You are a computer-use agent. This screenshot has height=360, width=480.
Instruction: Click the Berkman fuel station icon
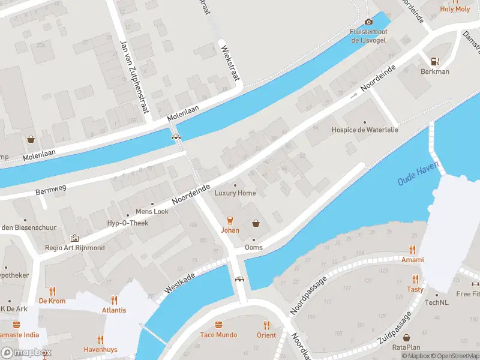coord(434,61)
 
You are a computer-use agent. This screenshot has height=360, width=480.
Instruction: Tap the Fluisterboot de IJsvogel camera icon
coord(368,22)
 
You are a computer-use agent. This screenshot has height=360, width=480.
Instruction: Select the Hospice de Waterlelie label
coord(365,130)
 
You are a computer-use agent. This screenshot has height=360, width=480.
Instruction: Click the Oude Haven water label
coord(418,173)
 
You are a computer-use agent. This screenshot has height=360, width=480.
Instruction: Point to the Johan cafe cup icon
coord(229,220)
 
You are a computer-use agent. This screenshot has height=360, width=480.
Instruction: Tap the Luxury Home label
coord(235,193)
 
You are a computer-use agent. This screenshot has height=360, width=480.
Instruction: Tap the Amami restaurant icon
coord(412,250)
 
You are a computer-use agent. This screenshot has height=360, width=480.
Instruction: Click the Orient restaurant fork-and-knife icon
coord(266,325)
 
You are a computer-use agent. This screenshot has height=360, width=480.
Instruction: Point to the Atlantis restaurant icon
coord(114,300)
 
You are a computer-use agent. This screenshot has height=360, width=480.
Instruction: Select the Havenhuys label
coord(101,349)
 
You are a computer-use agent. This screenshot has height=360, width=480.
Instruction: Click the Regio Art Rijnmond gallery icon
coord(74,238)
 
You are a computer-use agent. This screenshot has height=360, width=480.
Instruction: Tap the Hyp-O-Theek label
coord(127,223)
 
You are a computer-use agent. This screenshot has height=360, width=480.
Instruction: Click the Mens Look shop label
coord(152,211)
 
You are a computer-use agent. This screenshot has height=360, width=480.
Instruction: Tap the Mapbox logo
coord(26,353)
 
